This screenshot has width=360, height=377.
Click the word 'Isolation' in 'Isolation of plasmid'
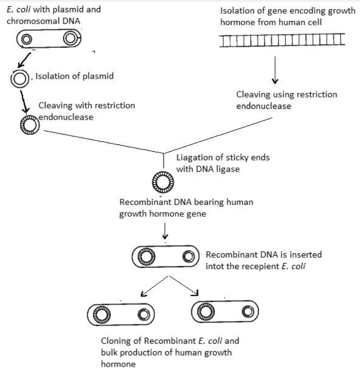tap(51, 76)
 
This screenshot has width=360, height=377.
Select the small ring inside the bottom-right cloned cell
tap(248, 312)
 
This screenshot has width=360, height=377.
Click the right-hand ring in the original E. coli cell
tap(70, 39)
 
